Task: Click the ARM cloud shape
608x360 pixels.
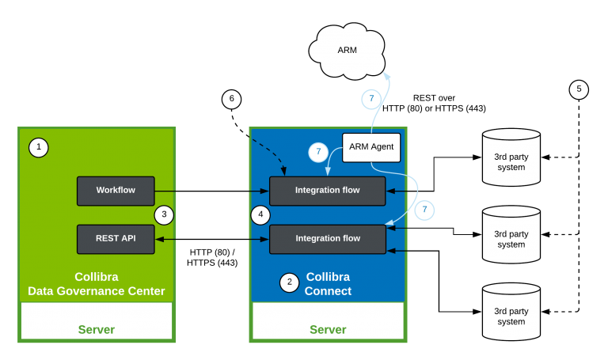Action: point(348,50)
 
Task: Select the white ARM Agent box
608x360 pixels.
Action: point(371,147)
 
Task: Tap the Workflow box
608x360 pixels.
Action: point(116,191)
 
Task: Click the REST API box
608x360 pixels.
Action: point(116,238)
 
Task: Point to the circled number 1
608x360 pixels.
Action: point(38,147)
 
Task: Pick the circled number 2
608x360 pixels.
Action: point(290,282)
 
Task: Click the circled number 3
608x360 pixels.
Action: point(164,214)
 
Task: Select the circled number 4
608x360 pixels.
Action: point(260,214)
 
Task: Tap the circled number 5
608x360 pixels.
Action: point(579,89)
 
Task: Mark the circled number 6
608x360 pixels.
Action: point(231,99)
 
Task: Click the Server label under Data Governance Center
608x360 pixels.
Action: point(96,329)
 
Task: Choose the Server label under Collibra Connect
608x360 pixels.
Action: point(328,329)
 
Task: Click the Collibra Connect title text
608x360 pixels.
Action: point(328,284)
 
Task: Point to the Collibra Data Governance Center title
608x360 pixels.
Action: point(96,284)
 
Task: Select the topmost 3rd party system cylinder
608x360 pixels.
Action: point(511,157)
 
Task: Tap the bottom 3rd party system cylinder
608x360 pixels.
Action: point(511,312)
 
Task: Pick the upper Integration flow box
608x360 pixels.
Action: point(328,191)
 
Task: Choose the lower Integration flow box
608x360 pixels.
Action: point(328,238)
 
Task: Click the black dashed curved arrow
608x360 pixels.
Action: point(273,153)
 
